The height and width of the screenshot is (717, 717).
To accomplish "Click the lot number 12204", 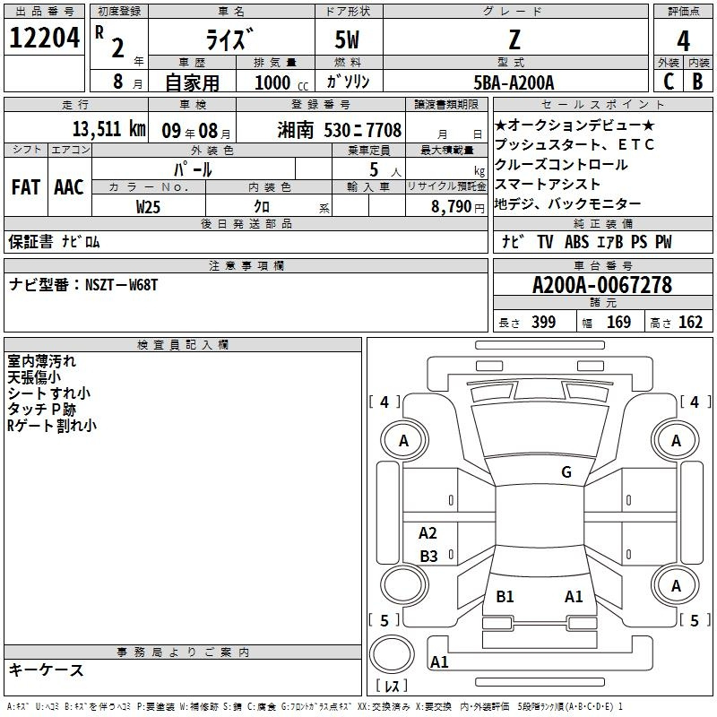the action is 44,38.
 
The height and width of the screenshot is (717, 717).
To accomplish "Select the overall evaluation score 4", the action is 683,40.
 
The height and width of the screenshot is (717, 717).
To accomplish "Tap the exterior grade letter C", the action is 669,82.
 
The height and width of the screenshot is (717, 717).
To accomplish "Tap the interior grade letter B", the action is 697,82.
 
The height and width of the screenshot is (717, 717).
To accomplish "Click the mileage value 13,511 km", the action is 108,129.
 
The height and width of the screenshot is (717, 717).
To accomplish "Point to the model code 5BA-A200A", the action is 514,82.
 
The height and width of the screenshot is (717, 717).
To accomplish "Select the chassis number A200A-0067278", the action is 602,285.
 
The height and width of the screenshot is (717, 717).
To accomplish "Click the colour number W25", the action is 148,207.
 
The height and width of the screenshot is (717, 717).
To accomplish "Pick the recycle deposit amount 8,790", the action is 452,207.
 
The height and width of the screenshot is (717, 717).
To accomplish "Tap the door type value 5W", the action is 347,39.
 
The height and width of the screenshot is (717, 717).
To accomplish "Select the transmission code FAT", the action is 26,187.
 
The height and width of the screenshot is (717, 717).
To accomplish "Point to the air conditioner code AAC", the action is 69,187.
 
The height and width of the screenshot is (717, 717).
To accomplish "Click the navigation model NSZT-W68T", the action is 121,285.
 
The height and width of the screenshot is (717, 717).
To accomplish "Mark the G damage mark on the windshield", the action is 566,471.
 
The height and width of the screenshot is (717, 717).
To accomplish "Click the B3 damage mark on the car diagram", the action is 428,556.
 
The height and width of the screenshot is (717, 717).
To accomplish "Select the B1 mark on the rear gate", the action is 505,596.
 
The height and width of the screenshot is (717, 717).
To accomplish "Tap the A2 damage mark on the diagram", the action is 428,532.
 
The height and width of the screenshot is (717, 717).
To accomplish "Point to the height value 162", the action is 690,322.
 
